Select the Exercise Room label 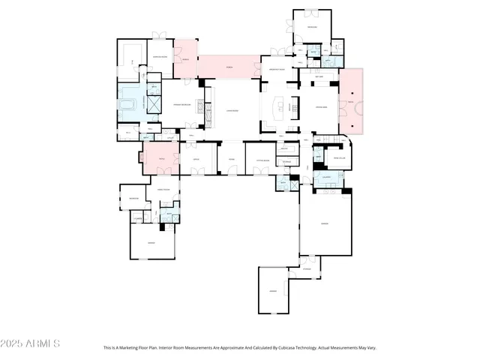[x=160, y=56]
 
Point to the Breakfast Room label [x=279, y=68]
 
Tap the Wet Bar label [x=319, y=76]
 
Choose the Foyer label [x=232, y=160]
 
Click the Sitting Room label [x=262, y=160]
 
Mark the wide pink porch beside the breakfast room [x=229, y=67]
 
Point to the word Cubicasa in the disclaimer [x=277, y=348]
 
